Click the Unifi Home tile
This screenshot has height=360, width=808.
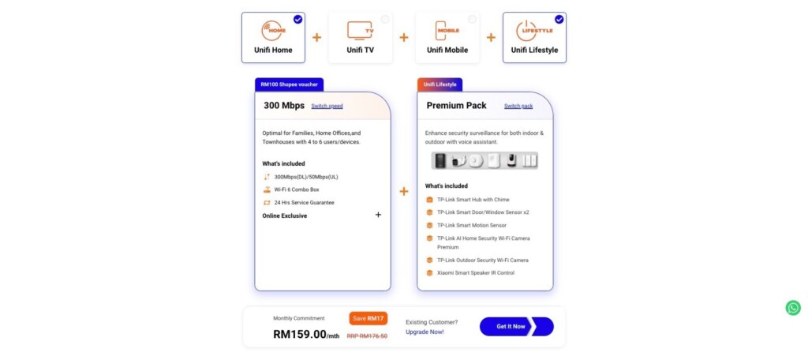pyautogui.click(x=273, y=37)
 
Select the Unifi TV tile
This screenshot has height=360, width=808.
pyautogui.click(x=360, y=37)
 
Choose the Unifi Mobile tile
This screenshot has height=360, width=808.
pyautogui.click(x=447, y=37)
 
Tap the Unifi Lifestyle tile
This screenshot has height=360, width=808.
pyautogui.click(x=534, y=37)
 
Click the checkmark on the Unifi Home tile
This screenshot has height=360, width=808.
pyautogui.click(x=297, y=19)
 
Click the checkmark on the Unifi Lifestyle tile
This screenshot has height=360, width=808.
pyautogui.click(x=559, y=19)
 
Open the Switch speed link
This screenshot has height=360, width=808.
pyautogui.click(x=327, y=106)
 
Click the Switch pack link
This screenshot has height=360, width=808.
pyautogui.click(x=518, y=106)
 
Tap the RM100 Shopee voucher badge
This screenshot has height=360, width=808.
pyautogui.click(x=289, y=84)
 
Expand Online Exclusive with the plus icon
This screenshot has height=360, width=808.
pyautogui.click(x=378, y=215)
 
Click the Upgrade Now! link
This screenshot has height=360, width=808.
pyautogui.click(x=425, y=332)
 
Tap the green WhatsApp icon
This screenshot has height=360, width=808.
pyautogui.click(x=793, y=308)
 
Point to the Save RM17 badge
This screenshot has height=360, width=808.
pyautogui.click(x=368, y=318)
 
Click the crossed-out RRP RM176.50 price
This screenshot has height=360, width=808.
pyautogui.click(x=367, y=336)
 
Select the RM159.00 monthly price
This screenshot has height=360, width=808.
pyautogui.click(x=306, y=334)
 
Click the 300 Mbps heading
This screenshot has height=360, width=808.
pyautogui.click(x=284, y=106)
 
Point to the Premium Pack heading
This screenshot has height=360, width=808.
pyautogui.click(x=457, y=106)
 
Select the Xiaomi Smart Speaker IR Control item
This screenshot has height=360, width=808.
pyautogui.click(x=475, y=272)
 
